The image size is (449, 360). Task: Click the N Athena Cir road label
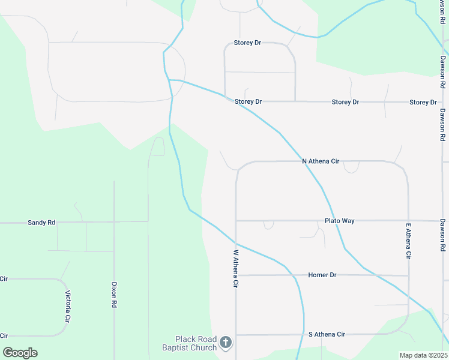[x=321, y=161]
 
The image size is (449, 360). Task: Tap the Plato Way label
[x=339, y=221]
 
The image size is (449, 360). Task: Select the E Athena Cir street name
[x=408, y=241]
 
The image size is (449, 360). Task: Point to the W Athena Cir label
[x=237, y=268]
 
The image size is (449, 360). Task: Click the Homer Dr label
[x=322, y=275]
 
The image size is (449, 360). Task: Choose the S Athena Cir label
[x=327, y=334]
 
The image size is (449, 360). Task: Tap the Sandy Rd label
[x=41, y=223]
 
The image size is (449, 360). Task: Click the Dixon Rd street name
[x=114, y=295]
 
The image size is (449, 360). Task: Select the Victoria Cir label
[x=68, y=306]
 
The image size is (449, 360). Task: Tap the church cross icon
[x=226, y=343]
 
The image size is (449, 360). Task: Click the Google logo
[x=20, y=352]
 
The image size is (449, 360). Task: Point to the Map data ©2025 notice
[x=423, y=355]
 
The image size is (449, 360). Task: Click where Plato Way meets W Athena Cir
[x=237, y=221]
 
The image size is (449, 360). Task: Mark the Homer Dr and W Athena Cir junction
[x=237, y=275]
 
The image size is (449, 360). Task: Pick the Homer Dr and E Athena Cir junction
[x=408, y=275]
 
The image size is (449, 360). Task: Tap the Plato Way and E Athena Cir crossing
[x=408, y=221]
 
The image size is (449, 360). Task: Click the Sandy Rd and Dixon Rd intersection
[x=114, y=222]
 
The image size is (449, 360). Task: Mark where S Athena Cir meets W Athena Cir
[x=237, y=335]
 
